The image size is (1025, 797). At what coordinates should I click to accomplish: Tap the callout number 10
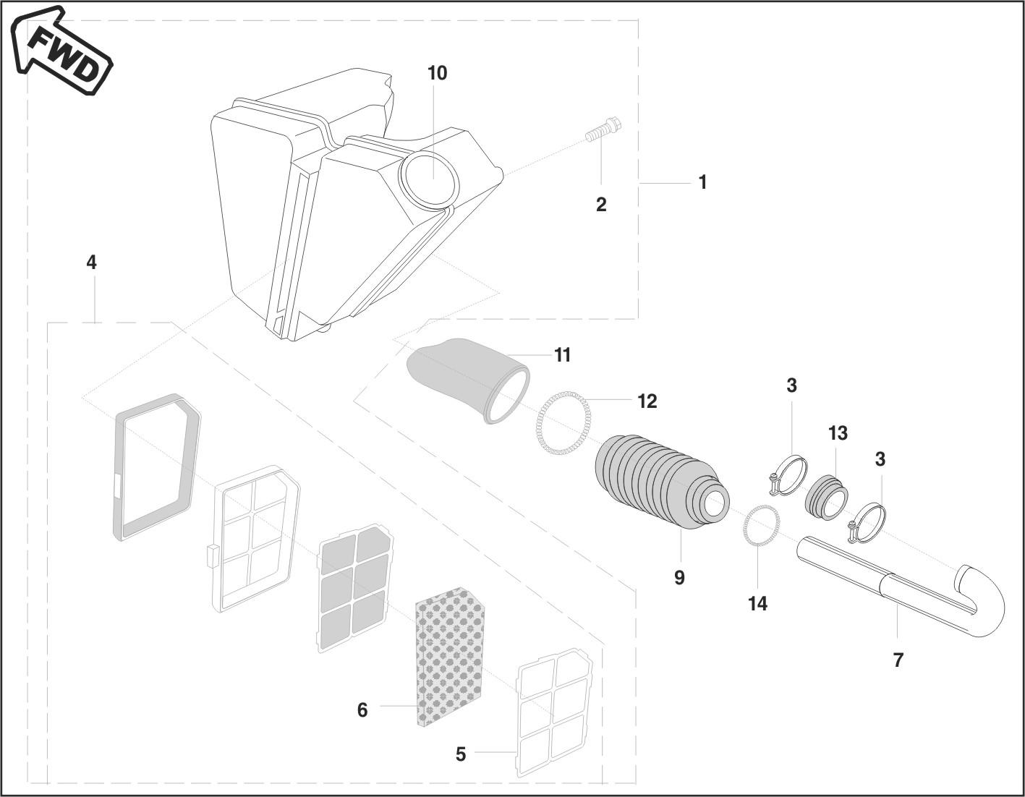[x=437, y=73]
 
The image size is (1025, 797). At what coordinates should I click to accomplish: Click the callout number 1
[x=702, y=182]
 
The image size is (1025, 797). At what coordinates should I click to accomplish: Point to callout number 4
[x=91, y=262]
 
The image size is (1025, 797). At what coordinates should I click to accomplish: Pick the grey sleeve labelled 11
[x=470, y=376]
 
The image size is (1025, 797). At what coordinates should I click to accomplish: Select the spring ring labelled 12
[x=563, y=423]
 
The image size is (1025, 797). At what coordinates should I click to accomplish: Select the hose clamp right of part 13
[x=867, y=523]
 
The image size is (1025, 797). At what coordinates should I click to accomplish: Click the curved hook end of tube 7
[x=984, y=600]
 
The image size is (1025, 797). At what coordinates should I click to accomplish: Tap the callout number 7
[x=898, y=660]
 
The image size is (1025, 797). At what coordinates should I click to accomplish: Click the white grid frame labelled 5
[x=555, y=712]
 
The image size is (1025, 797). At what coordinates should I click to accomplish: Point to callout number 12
[x=647, y=401]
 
